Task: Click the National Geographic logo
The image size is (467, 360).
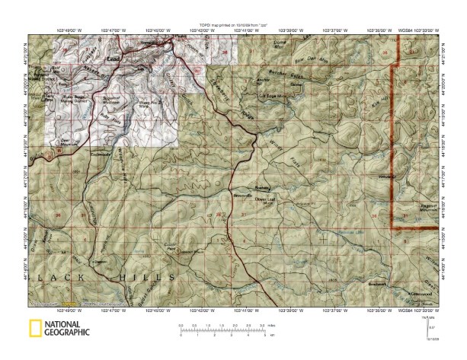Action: [59, 330]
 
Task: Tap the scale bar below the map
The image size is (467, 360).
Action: [222, 330]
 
